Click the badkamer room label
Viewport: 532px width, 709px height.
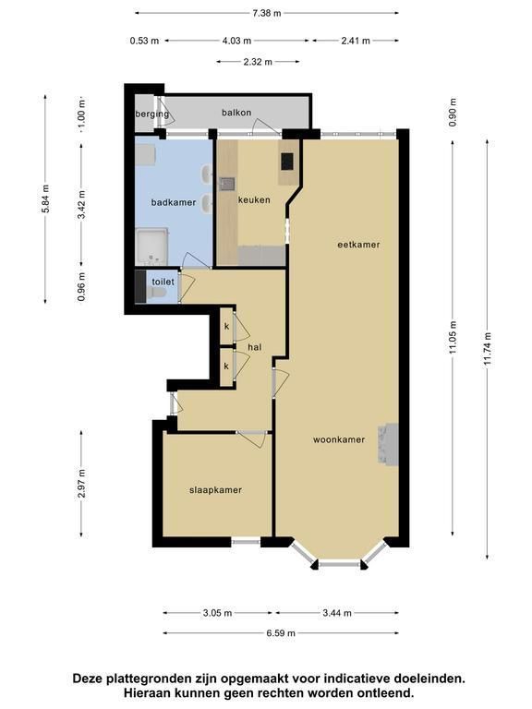pyautogui.click(x=174, y=202)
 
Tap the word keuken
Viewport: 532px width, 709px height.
pyautogui.click(x=254, y=199)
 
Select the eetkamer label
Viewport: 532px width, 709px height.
pyautogui.click(x=358, y=245)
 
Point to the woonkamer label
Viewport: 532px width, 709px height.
pyautogui.click(x=339, y=439)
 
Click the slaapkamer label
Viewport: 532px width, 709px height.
pyautogui.click(x=215, y=490)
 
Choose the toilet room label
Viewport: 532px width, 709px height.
pyautogui.click(x=163, y=282)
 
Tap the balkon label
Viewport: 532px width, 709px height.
pyautogui.click(x=236, y=113)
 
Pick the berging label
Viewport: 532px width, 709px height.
pyautogui.click(x=152, y=114)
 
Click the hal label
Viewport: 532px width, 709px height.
pyautogui.click(x=255, y=347)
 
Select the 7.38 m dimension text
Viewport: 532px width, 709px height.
pyautogui.click(x=267, y=13)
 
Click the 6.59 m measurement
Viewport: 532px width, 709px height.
pyautogui.click(x=281, y=633)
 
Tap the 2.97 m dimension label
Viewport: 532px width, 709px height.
pyautogui.click(x=81, y=484)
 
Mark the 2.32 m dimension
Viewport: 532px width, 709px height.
pyautogui.click(x=258, y=62)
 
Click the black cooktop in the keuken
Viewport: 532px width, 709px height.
pyautogui.click(x=287, y=162)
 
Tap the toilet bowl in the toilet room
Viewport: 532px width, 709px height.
pyautogui.click(x=156, y=294)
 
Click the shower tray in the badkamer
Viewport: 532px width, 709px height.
pyautogui.click(x=152, y=246)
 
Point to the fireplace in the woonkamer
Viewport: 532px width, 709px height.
pyautogui.click(x=388, y=444)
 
